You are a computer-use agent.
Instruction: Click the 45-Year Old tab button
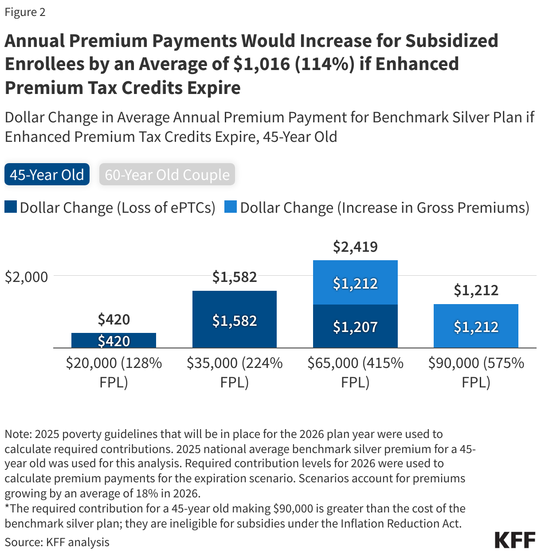tap(47, 175)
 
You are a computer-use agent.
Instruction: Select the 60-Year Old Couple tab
tap(167, 175)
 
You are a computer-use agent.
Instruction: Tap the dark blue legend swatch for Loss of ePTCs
tap(11, 207)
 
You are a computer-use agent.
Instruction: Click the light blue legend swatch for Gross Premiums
tap(231, 207)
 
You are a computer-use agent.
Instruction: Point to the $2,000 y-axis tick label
tap(26, 277)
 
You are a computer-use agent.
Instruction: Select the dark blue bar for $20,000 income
tap(114, 340)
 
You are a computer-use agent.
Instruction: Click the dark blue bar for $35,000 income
tap(234, 319)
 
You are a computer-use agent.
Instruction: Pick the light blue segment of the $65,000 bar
tap(355, 283)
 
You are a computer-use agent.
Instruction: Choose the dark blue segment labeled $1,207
tap(355, 327)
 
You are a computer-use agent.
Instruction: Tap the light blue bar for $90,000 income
tap(476, 326)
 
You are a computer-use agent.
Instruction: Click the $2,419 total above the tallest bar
tap(355, 246)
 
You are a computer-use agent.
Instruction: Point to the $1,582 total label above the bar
tap(235, 277)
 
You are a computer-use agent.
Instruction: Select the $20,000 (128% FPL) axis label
tap(114, 372)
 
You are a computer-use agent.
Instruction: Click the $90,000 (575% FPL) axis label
tap(476, 372)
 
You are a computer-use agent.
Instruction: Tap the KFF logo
tap(515, 540)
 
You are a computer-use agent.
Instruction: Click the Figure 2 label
tap(25, 12)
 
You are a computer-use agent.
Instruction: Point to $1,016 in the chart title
tap(262, 64)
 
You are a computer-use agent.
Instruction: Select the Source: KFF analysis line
tap(57, 542)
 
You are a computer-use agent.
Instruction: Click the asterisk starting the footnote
tap(7, 507)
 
